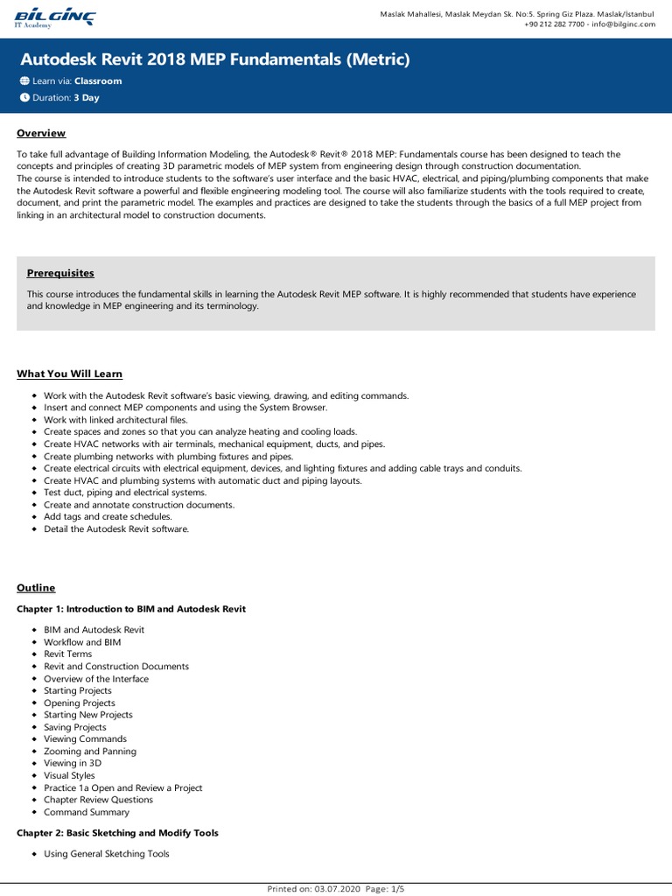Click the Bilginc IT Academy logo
click(x=56, y=17)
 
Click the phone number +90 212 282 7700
click(x=554, y=24)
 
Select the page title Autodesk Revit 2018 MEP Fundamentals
click(x=214, y=59)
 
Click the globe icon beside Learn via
click(x=24, y=81)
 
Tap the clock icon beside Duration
click(x=24, y=98)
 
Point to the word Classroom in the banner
click(x=98, y=81)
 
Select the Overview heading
click(x=41, y=133)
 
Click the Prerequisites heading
click(x=60, y=273)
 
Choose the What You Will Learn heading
click(x=69, y=374)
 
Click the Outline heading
click(x=36, y=588)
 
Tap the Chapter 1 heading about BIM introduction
click(x=131, y=609)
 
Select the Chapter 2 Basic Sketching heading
click(x=117, y=833)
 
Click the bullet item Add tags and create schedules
click(x=108, y=517)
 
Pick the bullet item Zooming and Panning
click(x=90, y=752)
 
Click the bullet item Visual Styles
click(x=69, y=775)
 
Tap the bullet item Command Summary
click(x=86, y=812)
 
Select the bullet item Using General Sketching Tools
click(x=107, y=854)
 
